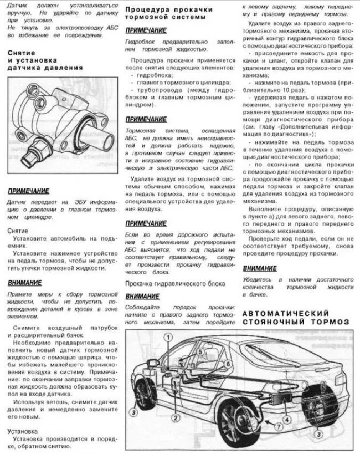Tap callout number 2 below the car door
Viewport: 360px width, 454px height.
[175, 417]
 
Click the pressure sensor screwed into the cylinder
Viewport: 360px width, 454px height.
[41, 147]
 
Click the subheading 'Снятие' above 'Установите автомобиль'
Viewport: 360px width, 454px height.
[18, 229]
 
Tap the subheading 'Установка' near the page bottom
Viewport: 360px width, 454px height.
[23, 431]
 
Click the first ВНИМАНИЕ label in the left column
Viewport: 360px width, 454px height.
[24, 283]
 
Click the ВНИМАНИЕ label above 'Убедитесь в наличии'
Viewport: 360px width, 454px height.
[260, 268]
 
